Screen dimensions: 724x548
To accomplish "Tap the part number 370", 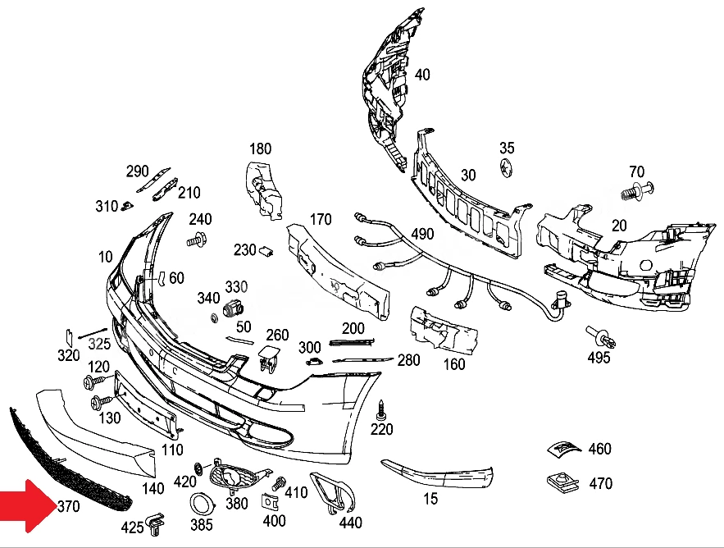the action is click(69, 506).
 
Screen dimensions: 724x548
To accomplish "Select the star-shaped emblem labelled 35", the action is click(506, 167).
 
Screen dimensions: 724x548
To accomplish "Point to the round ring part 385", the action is click(203, 505).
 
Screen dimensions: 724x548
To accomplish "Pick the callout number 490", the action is click(422, 234).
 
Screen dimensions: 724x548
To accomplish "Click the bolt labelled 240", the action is click(196, 240).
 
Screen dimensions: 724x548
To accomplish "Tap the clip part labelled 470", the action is click(562, 482).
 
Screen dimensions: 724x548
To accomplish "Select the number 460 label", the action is click(600, 448).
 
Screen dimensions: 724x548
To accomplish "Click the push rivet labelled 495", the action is click(601, 337).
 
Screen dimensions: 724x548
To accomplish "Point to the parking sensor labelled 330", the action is click(234, 308).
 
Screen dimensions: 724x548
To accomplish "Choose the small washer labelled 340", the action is click(214, 318).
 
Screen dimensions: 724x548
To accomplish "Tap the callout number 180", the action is click(261, 148).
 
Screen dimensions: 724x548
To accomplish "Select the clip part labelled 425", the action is click(155, 524).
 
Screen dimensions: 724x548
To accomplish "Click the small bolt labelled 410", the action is click(278, 484).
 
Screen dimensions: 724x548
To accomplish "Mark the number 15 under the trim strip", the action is click(430, 499).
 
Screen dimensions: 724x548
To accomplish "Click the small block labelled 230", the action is click(266, 251).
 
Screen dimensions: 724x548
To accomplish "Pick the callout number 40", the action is click(422, 75).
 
